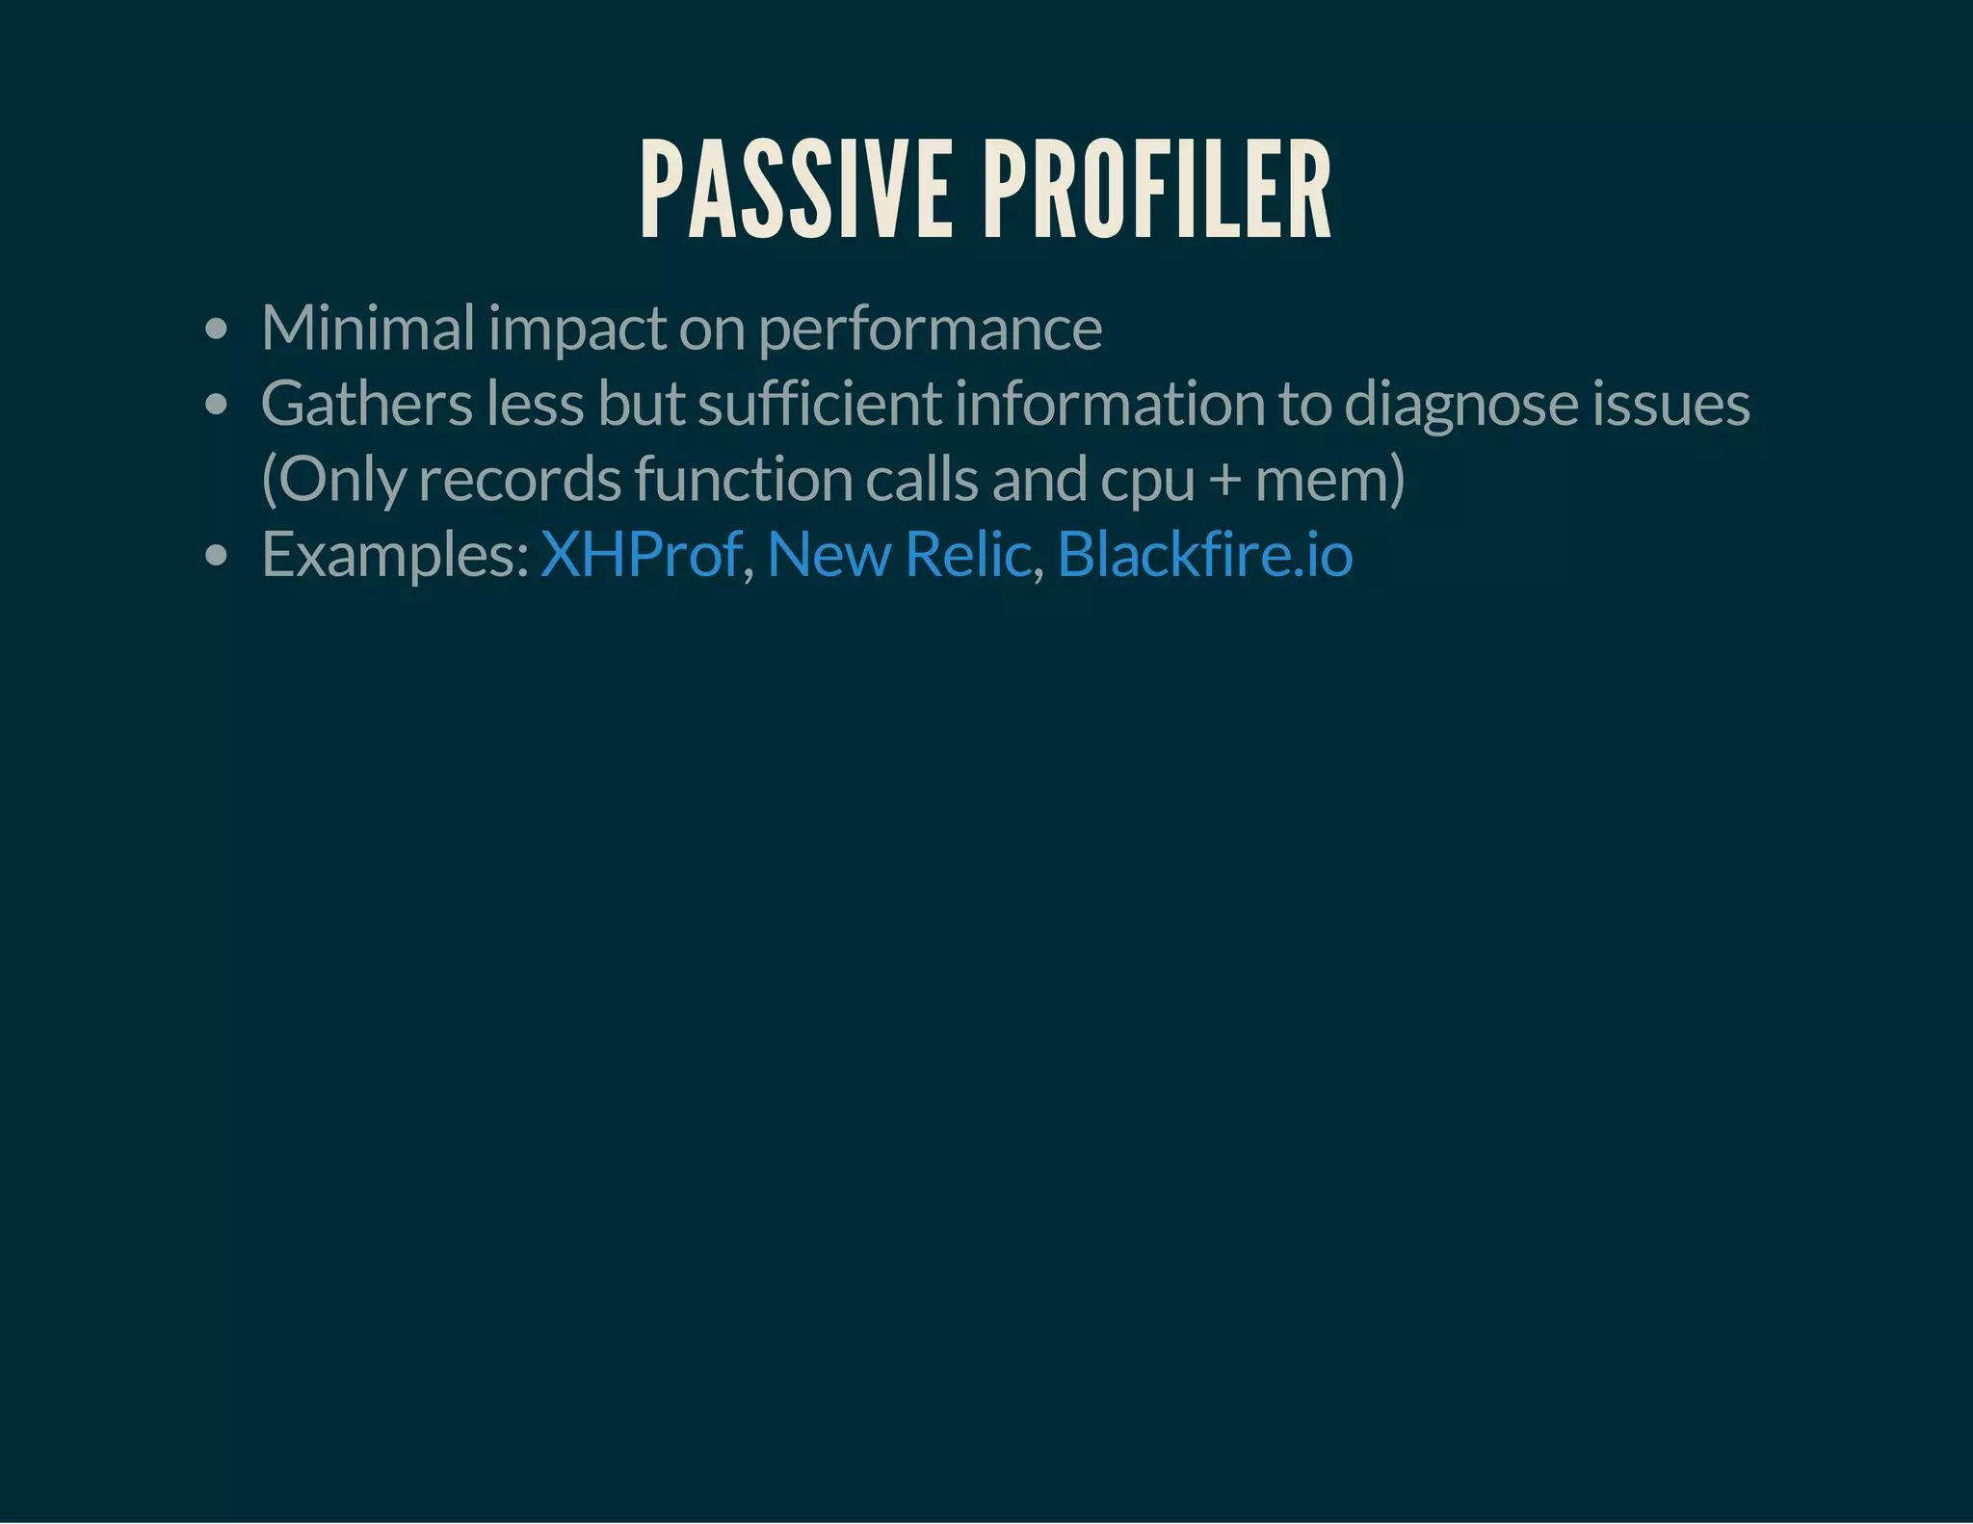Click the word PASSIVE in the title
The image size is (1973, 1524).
[796, 190]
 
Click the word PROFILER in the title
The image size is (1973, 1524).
[1157, 190]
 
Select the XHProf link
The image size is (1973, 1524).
[641, 555]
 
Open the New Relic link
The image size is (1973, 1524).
[899, 555]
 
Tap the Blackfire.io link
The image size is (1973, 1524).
[1204, 555]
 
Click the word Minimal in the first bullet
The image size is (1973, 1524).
[367, 328]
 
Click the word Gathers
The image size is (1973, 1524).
[366, 403]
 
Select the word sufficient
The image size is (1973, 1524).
[820, 403]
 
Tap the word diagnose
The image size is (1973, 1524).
[1460, 405]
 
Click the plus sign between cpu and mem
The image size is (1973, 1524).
[1224, 480]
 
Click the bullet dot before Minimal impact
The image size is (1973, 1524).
[217, 329]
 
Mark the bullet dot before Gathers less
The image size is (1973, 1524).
[217, 405]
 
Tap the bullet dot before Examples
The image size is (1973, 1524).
[217, 556]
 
